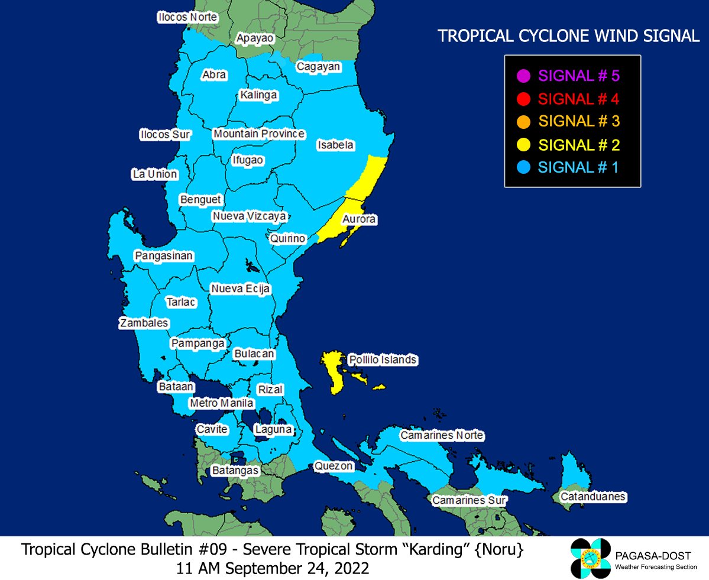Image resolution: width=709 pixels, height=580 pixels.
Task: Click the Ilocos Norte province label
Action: point(187,17)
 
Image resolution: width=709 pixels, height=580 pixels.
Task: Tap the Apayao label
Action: point(255,38)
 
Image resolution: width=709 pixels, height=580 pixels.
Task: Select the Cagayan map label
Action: point(318,66)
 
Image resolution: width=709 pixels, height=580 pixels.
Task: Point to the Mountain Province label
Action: point(259,134)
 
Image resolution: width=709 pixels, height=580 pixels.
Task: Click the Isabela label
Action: point(335,145)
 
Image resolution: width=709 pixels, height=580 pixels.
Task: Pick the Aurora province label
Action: point(359,219)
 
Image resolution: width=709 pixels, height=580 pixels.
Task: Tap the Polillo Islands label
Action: point(383,359)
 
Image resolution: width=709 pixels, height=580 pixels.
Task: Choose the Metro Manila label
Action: point(222,403)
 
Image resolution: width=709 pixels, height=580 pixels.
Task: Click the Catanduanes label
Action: point(593,497)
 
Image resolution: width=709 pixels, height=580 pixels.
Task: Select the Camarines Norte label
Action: point(442,436)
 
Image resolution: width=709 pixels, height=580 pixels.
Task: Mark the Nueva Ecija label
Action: point(241,289)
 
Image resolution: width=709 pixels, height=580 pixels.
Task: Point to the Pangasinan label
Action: point(164,256)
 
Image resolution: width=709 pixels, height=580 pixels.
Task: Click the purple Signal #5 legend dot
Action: point(522,76)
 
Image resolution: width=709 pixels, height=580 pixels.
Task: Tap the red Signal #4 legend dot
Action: point(522,99)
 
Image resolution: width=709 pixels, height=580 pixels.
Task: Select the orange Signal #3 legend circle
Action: point(522,122)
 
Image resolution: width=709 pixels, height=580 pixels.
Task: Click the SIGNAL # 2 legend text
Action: point(579,145)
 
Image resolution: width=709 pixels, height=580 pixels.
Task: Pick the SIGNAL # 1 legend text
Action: point(578,167)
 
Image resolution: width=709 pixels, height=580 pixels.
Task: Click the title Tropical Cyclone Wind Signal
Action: point(568,37)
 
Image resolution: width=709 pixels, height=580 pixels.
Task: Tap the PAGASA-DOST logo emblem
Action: point(590,559)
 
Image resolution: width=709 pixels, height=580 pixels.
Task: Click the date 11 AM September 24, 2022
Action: point(273,568)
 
